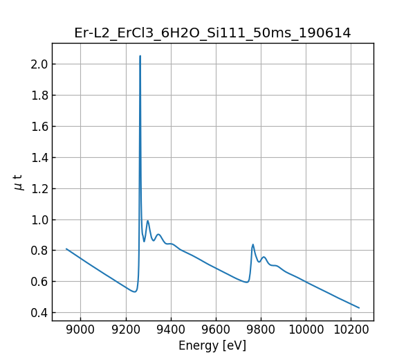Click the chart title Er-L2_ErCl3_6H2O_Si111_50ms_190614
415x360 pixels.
212,33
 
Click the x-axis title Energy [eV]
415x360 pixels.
212,345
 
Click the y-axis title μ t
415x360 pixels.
19,182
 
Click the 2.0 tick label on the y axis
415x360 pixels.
38,64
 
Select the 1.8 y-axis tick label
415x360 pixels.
38,96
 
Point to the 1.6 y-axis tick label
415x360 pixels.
38,126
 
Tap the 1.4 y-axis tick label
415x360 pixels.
38,157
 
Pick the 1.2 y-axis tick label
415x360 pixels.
38,188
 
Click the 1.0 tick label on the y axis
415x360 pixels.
38,219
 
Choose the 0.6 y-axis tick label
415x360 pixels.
38,282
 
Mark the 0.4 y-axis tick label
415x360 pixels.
38,313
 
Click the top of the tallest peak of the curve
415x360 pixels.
140,56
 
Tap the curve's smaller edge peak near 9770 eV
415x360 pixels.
252,244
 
